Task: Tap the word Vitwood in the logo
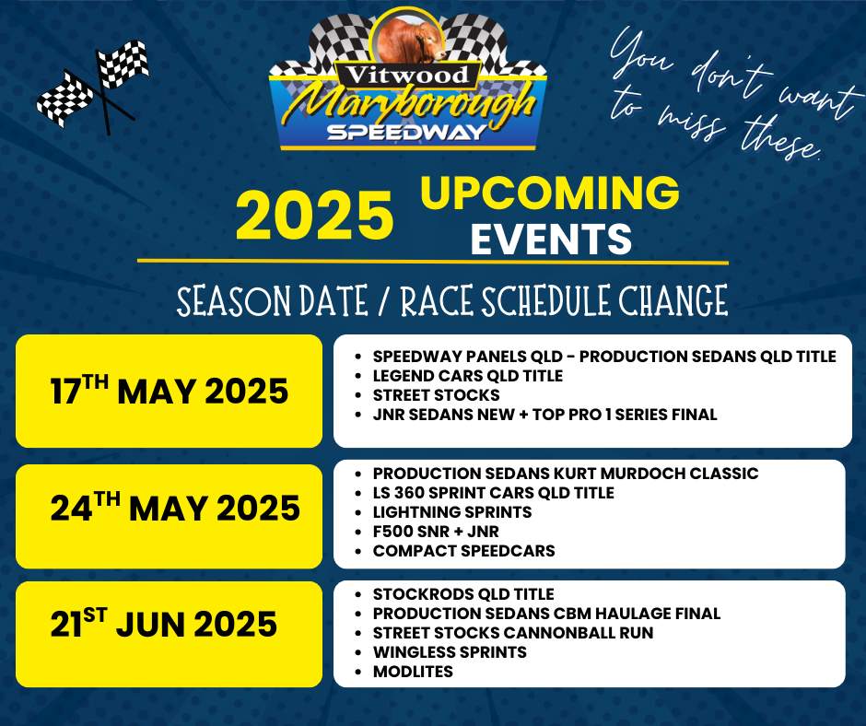(407, 75)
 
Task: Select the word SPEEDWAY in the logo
(406, 132)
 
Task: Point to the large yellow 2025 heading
(314, 215)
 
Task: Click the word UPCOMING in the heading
(549, 193)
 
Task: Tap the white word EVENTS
(551, 239)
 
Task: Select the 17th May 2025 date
(169, 390)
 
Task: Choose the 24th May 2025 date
(175, 508)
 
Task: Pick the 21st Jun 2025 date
(163, 623)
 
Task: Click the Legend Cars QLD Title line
(468, 376)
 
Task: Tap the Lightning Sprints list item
(452, 512)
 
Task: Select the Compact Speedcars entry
(464, 551)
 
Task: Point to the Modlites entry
(413, 672)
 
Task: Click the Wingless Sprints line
(450, 652)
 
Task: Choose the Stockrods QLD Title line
(463, 594)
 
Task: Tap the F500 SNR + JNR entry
(436, 532)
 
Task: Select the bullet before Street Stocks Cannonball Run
(359, 633)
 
